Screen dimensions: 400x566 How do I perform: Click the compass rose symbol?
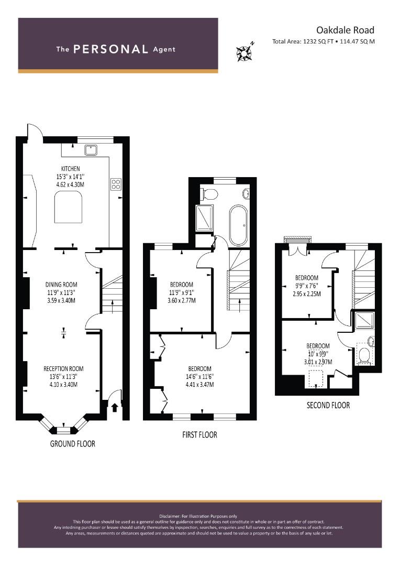[x=245, y=52]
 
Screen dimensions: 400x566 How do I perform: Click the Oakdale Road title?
[x=345, y=30]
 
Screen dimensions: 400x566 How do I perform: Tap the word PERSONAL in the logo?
[x=110, y=49]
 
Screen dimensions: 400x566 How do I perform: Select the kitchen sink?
[x=91, y=149]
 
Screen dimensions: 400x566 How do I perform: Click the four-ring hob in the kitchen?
[x=116, y=184]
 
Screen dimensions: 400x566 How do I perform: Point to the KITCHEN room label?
[x=70, y=169]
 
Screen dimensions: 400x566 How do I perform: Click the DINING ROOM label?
[x=61, y=285]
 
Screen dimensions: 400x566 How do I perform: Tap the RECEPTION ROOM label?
[x=63, y=368]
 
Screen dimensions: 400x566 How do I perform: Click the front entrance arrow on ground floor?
[x=115, y=408]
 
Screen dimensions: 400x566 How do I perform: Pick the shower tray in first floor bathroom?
[x=204, y=217]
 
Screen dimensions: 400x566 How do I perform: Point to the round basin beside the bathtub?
[x=247, y=194]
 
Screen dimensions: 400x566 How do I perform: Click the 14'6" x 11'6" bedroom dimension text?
[x=200, y=376]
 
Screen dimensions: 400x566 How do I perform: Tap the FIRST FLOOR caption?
[x=200, y=434]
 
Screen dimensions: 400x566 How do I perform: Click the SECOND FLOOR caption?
[x=328, y=405]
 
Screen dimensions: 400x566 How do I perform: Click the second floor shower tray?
[x=365, y=320]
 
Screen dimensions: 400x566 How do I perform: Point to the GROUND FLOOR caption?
[x=72, y=444]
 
